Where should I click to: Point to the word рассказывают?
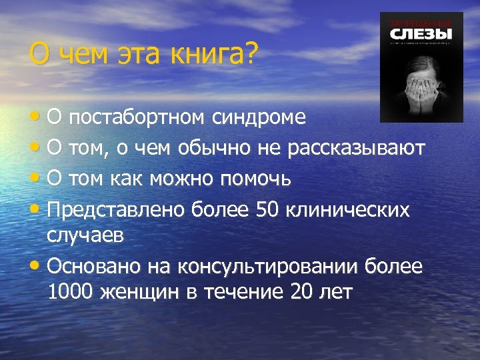[356, 148]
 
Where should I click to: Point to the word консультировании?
[268, 267]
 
